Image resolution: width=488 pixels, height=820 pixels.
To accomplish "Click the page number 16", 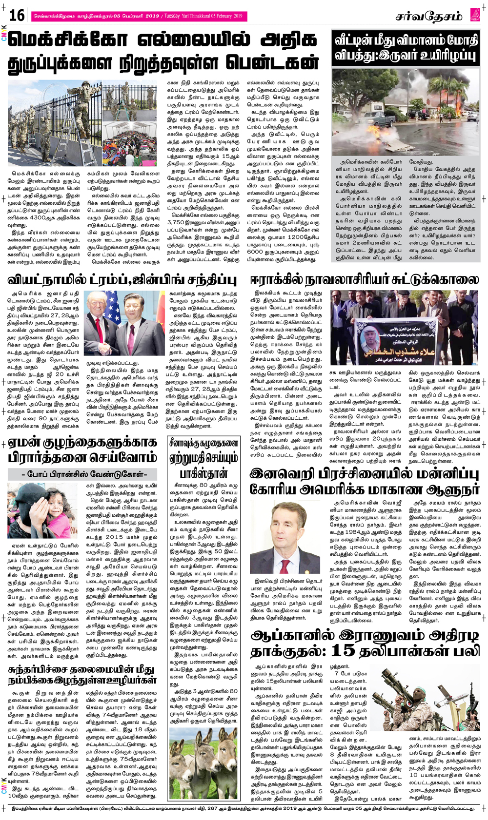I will tap(17, 15).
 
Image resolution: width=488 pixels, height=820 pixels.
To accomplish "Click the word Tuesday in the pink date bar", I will tap(172, 16).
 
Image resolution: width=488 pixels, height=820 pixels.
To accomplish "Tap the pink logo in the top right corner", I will tap(475, 15).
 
